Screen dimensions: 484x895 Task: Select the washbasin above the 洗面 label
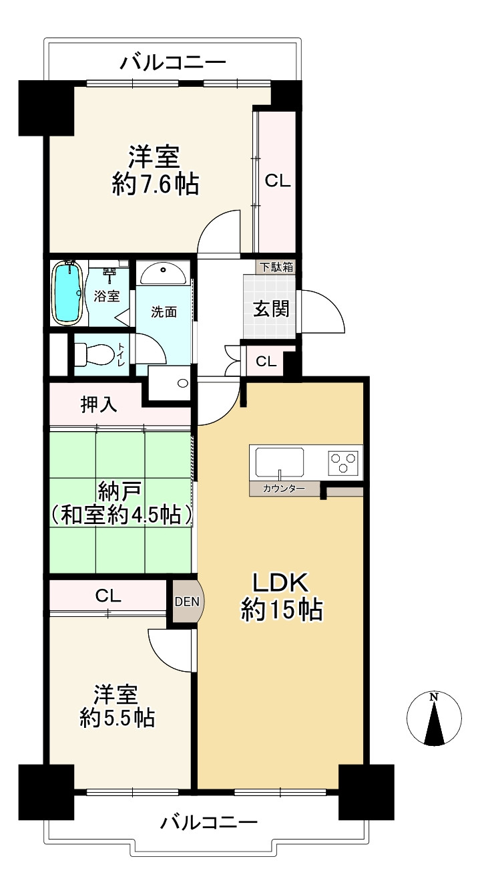[x=162, y=273]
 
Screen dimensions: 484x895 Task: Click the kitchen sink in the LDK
[x=279, y=463]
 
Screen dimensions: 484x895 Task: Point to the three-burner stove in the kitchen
[x=342, y=463]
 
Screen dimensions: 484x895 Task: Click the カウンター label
[x=284, y=488]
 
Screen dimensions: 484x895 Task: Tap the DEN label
[x=187, y=602]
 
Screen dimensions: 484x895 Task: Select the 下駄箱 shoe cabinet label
[x=276, y=267]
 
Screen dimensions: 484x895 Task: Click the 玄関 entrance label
[x=271, y=309]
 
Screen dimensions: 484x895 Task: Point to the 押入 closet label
[x=99, y=404]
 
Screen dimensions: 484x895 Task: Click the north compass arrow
[x=434, y=721]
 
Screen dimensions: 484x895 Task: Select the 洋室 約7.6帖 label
[x=156, y=170]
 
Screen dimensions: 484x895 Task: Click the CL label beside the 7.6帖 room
[x=278, y=181]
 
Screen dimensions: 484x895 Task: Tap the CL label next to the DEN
[x=107, y=596]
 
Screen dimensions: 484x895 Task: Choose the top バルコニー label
[x=174, y=63]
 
